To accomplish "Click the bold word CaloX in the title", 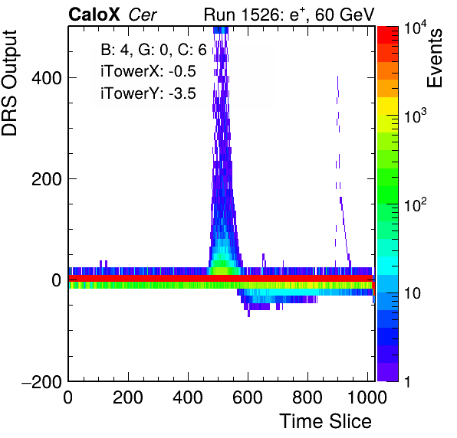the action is point(94,15).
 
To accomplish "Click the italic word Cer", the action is point(143,15).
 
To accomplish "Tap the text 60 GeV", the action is point(344,15).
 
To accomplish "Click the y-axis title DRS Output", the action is point(9,83).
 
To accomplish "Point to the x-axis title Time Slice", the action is point(326,421).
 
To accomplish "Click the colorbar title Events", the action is point(434,58).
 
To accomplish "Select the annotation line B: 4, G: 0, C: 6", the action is point(153,50).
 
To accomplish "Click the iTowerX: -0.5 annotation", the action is point(148,71).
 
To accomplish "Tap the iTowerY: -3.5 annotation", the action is point(148,93).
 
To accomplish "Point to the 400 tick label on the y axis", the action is point(47,78).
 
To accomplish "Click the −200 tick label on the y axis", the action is point(42,381).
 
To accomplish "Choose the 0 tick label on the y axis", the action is point(57,280).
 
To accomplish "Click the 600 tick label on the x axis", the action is point(248,397).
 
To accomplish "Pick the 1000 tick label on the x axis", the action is point(367,397).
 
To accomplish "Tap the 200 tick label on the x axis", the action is point(128,397).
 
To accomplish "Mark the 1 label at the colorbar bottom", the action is point(407,382).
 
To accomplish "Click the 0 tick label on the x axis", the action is point(68,397).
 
